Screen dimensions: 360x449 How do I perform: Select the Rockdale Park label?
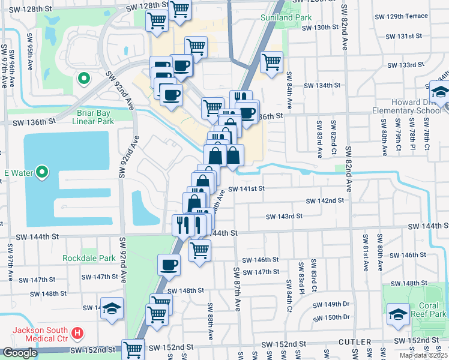tap(89, 259)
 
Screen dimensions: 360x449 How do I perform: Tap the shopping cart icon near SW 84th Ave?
tap(271, 61)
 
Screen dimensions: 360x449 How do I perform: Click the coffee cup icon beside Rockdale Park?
tap(169, 265)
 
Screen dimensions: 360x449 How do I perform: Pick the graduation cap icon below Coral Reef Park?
tap(397, 314)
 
